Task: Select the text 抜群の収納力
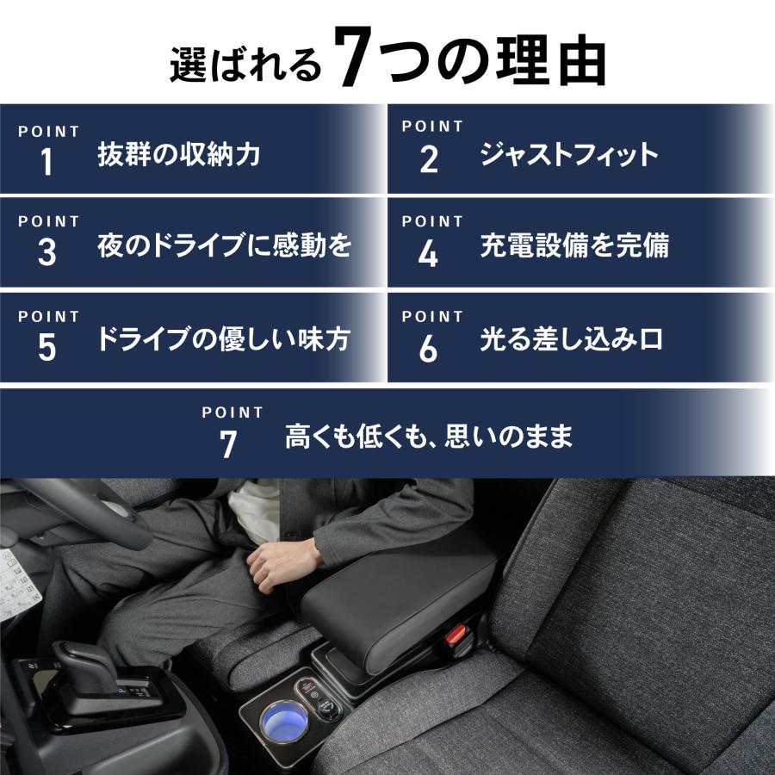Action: pos(179,155)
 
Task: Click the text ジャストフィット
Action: pos(569,155)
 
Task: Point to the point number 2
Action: pos(429,160)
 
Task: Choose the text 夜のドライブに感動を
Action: pos(224,247)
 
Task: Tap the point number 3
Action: pos(46,253)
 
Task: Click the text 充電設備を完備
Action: pos(574,247)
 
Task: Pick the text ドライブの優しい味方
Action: pos(223,339)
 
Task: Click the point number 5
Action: pos(46,346)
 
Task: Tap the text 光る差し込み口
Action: pos(571,339)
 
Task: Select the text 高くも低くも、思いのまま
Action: pos(429,438)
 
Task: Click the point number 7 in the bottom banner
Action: pos(228,444)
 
